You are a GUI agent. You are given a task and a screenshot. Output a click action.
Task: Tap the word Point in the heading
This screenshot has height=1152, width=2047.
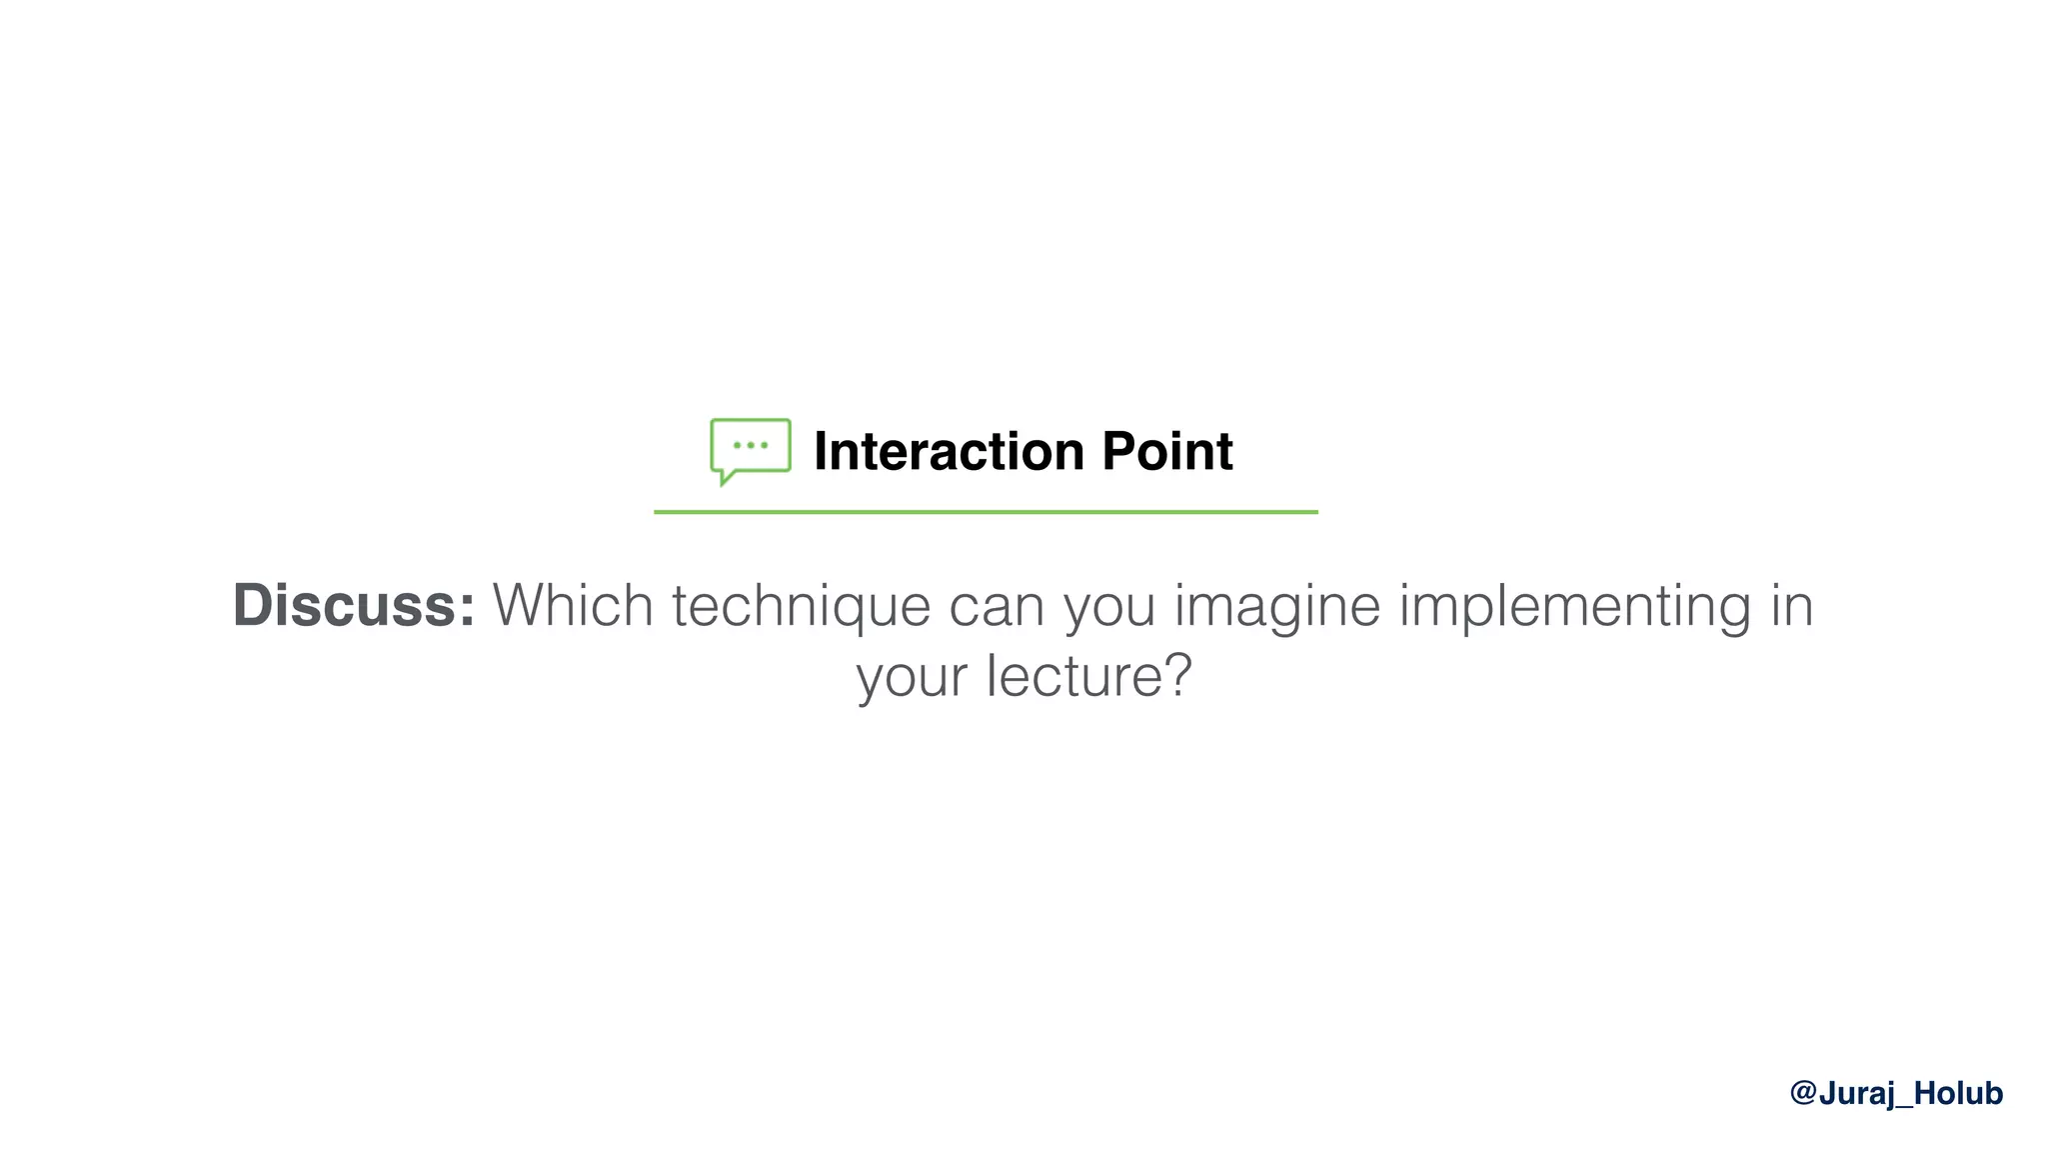pos(1167,451)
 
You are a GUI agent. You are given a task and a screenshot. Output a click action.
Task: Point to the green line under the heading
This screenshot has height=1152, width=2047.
pos(986,512)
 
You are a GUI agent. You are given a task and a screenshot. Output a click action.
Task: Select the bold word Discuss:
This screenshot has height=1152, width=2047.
pos(354,605)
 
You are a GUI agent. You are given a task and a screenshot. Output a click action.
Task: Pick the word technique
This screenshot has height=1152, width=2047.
pos(801,607)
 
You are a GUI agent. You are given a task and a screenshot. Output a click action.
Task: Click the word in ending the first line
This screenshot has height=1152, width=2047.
pos(1792,605)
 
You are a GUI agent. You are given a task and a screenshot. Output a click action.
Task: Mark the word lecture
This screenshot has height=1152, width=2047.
pos(1072,676)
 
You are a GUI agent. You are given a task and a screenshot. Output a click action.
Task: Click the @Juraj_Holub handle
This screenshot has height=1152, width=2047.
pos(1896,1093)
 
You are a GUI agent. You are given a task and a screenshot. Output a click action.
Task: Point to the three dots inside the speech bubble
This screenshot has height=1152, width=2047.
pos(751,445)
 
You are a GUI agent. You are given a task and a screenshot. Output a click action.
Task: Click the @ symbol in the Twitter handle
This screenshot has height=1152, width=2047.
pos(1803,1093)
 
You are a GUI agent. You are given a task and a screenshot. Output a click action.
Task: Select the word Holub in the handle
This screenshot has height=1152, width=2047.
pos(1958,1093)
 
